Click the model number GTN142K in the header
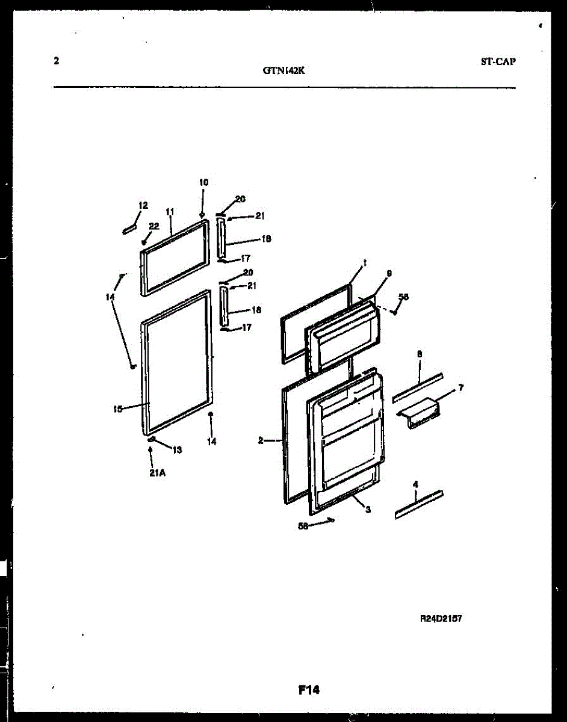(284, 70)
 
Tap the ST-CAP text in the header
(498, 61)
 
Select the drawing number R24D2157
(441, 619)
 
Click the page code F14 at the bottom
(309, 691)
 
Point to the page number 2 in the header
(56, 61)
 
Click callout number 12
(143, 206)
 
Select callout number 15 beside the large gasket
(118, 409)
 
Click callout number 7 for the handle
(460, 388)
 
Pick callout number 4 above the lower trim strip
(415, 483)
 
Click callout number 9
(389, 273)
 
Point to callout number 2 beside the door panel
(261, 441)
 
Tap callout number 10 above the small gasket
(203, 182)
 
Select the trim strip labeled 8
(418, 388)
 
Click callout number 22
(154, 226)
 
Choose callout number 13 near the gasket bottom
(177, 449)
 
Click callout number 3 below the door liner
(367, 510)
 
